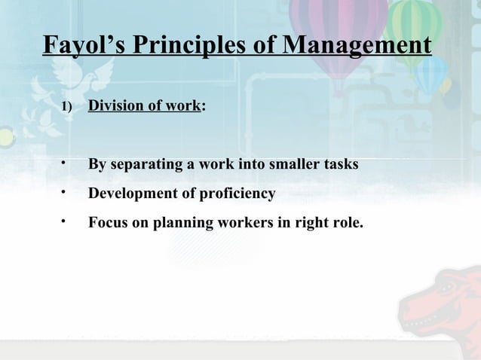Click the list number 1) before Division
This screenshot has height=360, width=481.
tap(66, 107)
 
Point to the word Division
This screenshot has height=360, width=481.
tap(119, 106)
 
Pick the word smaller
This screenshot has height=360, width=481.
tap(293, 164)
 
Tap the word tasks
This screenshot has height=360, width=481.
tap(340, 164)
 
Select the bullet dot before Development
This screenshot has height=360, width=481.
tap(65, 193)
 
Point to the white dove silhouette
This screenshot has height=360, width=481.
tap(87, 75)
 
